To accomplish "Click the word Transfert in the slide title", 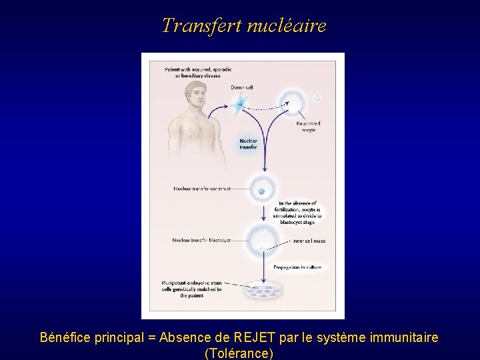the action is point(201,25).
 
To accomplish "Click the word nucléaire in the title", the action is point(287,25).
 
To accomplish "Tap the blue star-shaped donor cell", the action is point(239,102).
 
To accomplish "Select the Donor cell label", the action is point(242,87).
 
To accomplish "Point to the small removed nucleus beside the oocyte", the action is point(317,98).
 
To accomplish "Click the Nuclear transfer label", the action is point(248,144).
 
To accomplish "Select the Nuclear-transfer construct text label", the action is point(202,189).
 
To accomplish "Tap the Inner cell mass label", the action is point(309,241).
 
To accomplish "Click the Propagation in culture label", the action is point(297,267).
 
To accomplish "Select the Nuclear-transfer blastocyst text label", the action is point(201,240).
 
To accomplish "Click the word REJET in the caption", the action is point(264,337).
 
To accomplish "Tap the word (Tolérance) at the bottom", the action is point(239,353).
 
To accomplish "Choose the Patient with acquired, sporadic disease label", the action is point(193,72).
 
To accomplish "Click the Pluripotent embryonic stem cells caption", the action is point(192,289).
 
